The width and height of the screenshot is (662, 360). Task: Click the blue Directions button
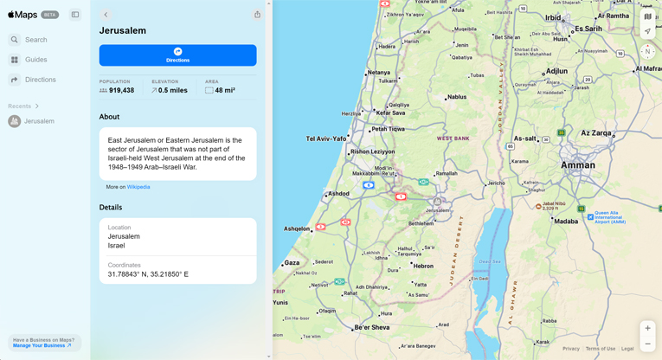click(177, 55)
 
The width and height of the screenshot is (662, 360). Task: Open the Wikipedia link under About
click(138, 187)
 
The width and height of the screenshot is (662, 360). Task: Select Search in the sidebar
click(35, 40)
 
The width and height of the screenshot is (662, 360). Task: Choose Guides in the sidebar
click(35, 60)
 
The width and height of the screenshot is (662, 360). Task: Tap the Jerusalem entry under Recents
click(39, 121)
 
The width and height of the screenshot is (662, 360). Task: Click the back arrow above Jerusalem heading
click(106, 15)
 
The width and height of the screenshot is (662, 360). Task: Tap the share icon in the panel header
click(257, 15)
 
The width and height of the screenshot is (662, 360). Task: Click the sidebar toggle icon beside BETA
click(75, 15)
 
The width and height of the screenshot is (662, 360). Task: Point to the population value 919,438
click(121, 90)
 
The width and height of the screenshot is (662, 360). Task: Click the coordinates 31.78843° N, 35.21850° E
click(148, 274)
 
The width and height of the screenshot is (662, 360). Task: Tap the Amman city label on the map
click(577, 164)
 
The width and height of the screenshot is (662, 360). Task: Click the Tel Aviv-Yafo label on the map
click(326, 138)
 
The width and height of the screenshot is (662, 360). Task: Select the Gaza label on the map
click(292, 263)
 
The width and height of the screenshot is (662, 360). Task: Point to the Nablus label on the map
click(456, 97)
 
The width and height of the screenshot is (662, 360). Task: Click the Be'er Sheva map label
click(373, 328)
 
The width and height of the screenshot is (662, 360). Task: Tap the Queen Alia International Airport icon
click(590, 217)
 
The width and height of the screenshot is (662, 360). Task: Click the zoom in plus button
click(647, 328)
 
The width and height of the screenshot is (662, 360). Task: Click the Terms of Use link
click(600, 349)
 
